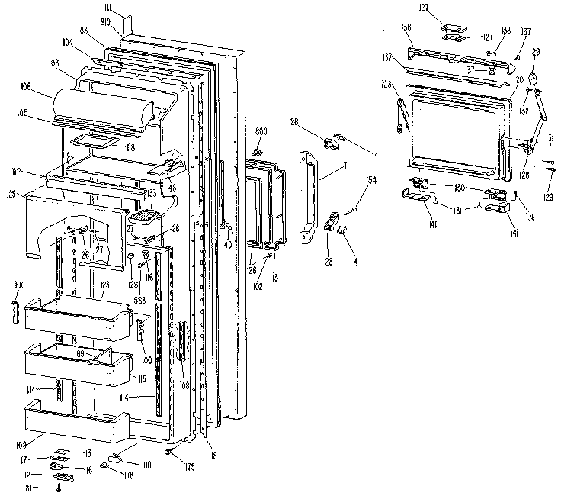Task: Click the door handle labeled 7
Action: point(309,194)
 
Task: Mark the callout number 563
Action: point(139,300)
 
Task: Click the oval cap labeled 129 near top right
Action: point(534,77)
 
